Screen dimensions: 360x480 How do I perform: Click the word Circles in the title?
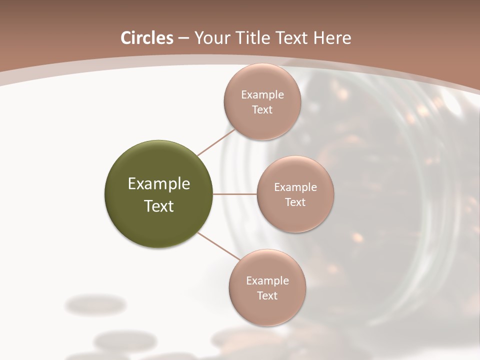pos(146,38)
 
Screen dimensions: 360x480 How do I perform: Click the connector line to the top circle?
pos(216,142)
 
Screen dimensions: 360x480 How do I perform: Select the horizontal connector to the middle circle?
pos(234,194)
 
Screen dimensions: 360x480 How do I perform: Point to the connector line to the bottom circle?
pos(218,246)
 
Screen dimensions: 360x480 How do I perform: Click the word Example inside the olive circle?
pos(159,184)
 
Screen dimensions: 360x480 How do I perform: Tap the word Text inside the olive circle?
pos(159,206)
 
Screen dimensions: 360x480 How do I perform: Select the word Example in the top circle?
pos(262,95)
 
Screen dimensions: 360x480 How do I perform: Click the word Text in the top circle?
pos(262,110)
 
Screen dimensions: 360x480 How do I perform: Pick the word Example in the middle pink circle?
pos(295,187)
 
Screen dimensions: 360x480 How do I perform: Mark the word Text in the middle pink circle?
pos(295,202)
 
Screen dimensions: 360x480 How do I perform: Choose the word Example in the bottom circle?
pos(267,281)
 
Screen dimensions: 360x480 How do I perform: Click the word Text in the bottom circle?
pos(267,296)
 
